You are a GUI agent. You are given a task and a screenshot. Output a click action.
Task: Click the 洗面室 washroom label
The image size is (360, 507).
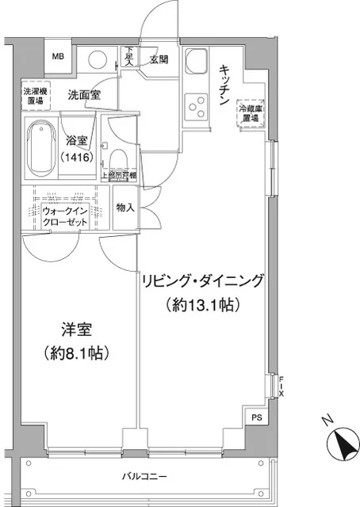point(82,95)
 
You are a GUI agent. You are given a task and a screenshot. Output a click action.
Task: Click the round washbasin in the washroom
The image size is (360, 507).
point(98,60)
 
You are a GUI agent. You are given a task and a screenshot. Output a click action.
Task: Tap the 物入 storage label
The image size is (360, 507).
point(125,208)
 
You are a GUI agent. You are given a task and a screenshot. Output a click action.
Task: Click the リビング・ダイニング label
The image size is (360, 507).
point(202,281)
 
